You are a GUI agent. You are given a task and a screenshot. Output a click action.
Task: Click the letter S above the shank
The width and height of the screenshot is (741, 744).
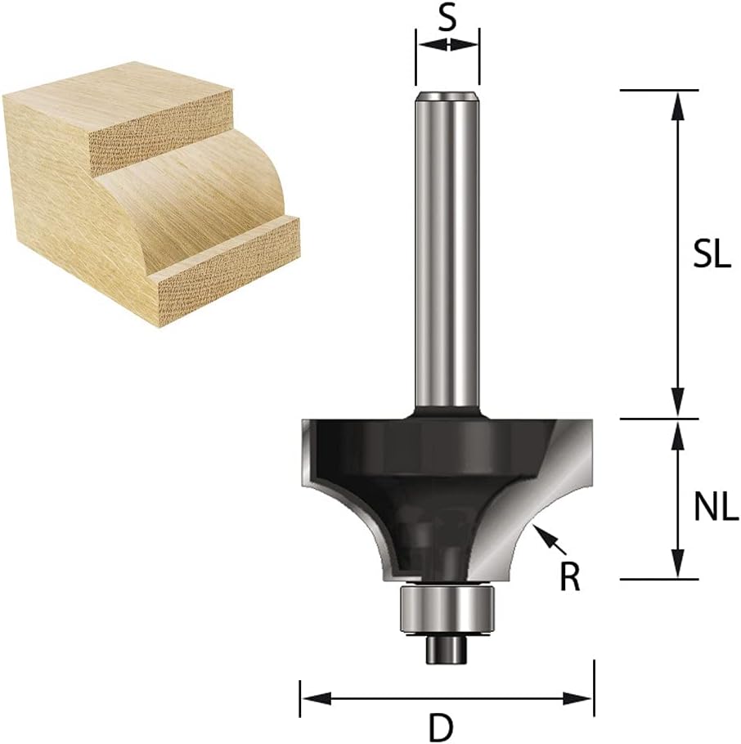(x=447, y=19)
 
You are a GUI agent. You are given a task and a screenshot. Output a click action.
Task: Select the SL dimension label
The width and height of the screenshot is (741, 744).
(x=711, y=257)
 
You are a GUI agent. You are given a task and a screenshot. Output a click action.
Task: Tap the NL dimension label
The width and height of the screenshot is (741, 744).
(x=716, y=508)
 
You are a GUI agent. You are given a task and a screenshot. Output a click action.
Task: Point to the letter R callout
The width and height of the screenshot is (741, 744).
(x=569, y=578)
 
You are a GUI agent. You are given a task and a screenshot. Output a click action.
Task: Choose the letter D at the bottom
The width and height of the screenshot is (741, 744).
(x=442, y=728)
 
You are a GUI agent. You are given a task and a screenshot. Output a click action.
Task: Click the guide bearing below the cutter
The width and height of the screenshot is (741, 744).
(x=447, y=612)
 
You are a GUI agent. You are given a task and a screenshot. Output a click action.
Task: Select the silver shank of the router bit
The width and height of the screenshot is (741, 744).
(x=447, y=249)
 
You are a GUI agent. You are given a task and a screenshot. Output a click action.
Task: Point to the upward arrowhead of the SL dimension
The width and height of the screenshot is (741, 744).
(x=679, y=105)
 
